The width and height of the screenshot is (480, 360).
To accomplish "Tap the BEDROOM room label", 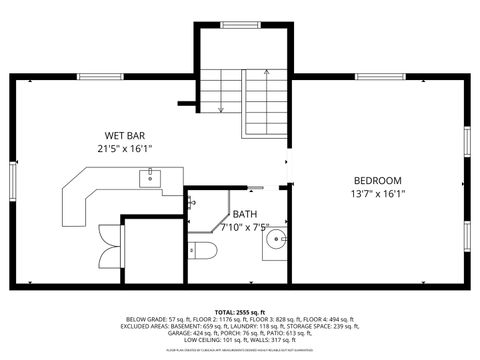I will tap(377, 181).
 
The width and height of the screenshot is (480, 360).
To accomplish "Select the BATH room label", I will tap(244, 214).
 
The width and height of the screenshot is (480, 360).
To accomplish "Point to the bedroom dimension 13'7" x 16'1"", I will tap(377, 194).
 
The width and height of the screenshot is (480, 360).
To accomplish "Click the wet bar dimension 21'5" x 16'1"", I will tap(126, 148).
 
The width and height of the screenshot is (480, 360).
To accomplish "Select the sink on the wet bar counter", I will tap(147, 178).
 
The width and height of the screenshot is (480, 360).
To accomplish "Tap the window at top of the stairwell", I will tap(240, 24).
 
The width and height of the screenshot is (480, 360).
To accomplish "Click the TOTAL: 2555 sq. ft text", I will tap(240, 312).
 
